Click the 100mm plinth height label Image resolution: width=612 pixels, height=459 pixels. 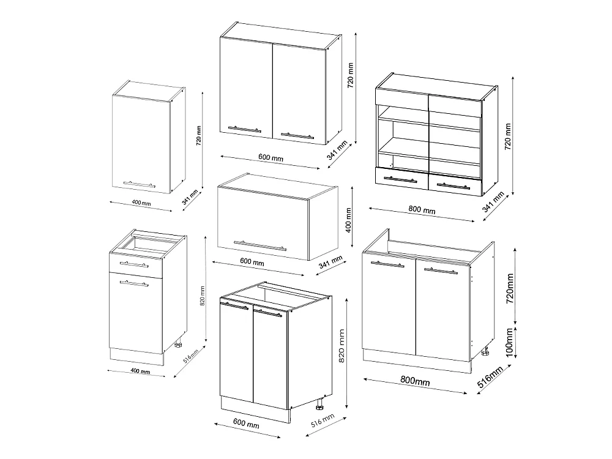(x=509, y=343)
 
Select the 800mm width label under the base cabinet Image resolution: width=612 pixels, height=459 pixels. (x=416, y=381)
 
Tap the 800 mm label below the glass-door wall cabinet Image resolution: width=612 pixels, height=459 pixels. (x=422, y=209)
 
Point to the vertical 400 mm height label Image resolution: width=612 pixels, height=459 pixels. (x=349, y=220)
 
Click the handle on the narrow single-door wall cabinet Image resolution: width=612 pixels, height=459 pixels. (x=140, y=184)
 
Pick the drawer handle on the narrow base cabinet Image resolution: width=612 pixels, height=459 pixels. (x=134, y=264)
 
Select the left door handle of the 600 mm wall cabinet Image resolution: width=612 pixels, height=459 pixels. (x=245, y=129)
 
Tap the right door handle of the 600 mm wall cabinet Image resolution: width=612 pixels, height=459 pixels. (x=297, y=136)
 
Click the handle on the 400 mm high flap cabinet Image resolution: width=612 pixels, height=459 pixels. (x=260, y=246)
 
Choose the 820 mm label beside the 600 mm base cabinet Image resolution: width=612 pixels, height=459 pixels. (x=341, y=346)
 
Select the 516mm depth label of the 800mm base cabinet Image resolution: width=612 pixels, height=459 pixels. (x=490, y=377)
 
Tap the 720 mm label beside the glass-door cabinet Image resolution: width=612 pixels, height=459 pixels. (x=508, y=136)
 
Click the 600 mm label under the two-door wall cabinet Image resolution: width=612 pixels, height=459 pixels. (x=271, y=157)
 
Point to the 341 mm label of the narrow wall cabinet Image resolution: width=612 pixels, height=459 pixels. (x=190, y=197)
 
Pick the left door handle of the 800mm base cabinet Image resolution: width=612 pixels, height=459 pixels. (x=387, y=264)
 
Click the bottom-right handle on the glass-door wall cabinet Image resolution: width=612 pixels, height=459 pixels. (x=453, y=186)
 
